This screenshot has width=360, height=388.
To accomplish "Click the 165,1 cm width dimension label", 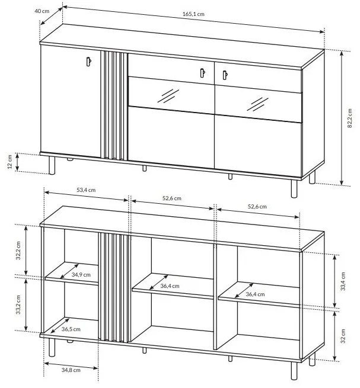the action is pyautogui.click(x=193, y=14).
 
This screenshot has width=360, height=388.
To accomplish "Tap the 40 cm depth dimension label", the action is pyautogui.click(x=42, y=11).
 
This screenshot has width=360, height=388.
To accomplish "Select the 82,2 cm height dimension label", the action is pyautogui.click(x=349, y=118).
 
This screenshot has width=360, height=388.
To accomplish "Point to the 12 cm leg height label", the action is pyautogui.click(x=10, y=162).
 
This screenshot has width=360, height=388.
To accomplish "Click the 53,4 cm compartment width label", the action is pyautogui.click(x=86, y=190).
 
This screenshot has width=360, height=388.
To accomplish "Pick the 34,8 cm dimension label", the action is pyautogui.click(x=71, y=370).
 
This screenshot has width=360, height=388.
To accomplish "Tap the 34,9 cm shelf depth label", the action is pyautogui.click(x=81, y=275).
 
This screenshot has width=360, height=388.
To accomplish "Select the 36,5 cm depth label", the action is pyautogui.click(x=71, y=329).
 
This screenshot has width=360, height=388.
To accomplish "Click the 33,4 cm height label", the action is pyautogui.click(x=343, y=281).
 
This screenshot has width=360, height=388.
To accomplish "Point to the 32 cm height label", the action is pyautogui.click(x=343, y=336).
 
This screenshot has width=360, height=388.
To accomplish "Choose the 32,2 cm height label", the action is pyautogui.click(x=18, y=251).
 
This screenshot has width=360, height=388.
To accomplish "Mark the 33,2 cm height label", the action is pyautogui.click(x=18, y=304).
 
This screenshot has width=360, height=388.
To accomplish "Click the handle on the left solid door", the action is pyautogui.click(x=89, y=62).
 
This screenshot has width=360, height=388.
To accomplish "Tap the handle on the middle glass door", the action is pyautogui.click(x=202, y=72).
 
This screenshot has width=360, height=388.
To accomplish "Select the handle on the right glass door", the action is pyautogui.click(x=225, y=75).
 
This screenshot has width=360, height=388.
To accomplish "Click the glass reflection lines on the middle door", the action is pyautogui.click(x=168, y=96).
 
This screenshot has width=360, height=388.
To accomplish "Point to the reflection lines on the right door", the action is pyautogui.click(x=257, y=104).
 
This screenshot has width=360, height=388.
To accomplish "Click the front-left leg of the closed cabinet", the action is pyautogui.click(x=52, y=165).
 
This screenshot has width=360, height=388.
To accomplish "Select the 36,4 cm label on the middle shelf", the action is pyautogui.click(x=170, y=286).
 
